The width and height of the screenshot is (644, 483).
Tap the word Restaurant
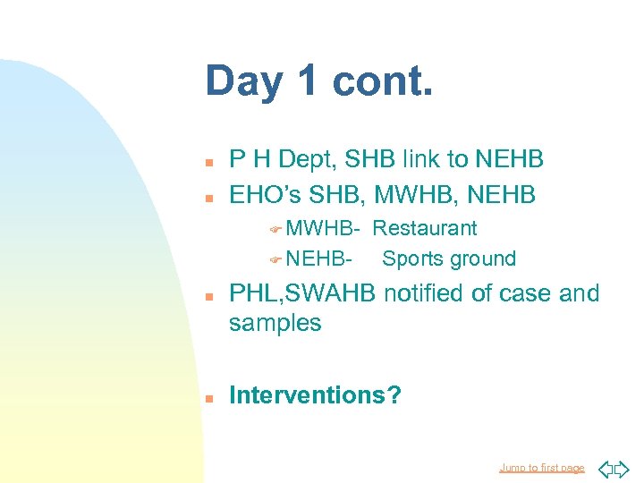425,228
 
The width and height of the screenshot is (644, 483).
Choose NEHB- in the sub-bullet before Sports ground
318,259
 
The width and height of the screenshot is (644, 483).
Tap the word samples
275,323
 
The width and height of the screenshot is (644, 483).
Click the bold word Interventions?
315,395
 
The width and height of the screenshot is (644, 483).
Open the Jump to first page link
541,468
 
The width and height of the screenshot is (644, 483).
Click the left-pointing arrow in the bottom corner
605,468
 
